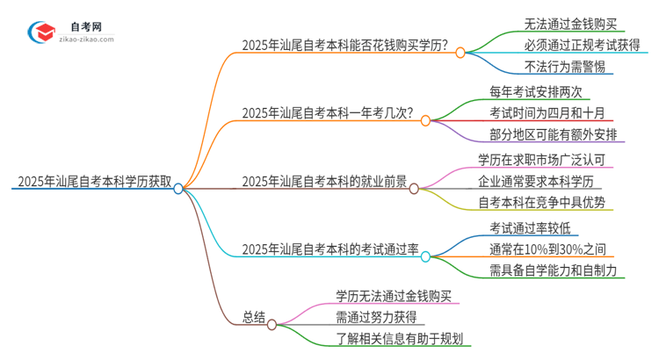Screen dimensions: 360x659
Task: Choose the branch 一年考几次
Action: tap(327, 112)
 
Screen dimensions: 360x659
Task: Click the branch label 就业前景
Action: tap(324, 182)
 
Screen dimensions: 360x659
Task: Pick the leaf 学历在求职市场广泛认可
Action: tap(540, 159)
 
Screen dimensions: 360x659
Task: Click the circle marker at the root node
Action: tap(178, 188)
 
